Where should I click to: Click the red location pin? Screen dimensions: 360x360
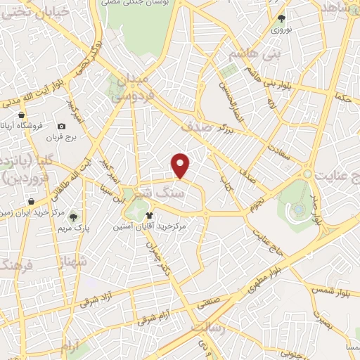(x=181, y=165)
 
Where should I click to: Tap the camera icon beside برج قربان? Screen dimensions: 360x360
(x=62, y=127)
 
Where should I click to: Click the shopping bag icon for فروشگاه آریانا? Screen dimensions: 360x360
(x=22, y=115)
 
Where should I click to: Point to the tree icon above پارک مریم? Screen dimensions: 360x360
(x=73, y=216)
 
